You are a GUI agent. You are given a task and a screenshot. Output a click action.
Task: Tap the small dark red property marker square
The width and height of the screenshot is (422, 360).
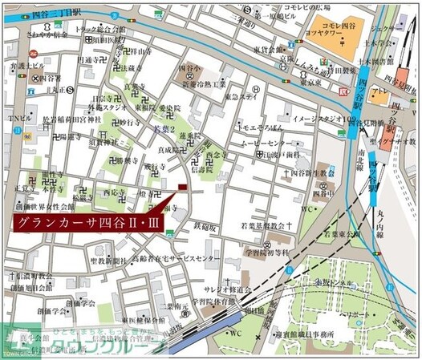[182, 188]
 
